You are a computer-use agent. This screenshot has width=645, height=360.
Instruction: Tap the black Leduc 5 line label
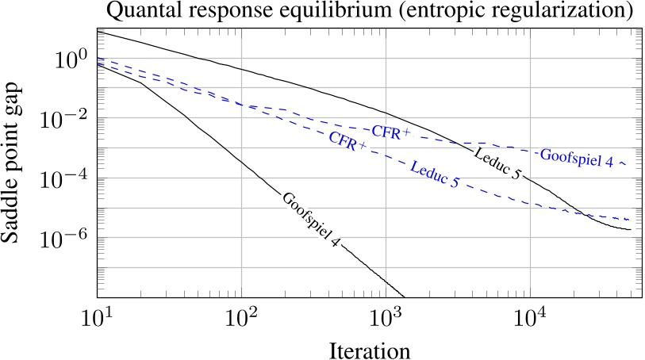pos(497,162)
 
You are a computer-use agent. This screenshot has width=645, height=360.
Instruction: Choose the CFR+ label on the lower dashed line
pos(347,143)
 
